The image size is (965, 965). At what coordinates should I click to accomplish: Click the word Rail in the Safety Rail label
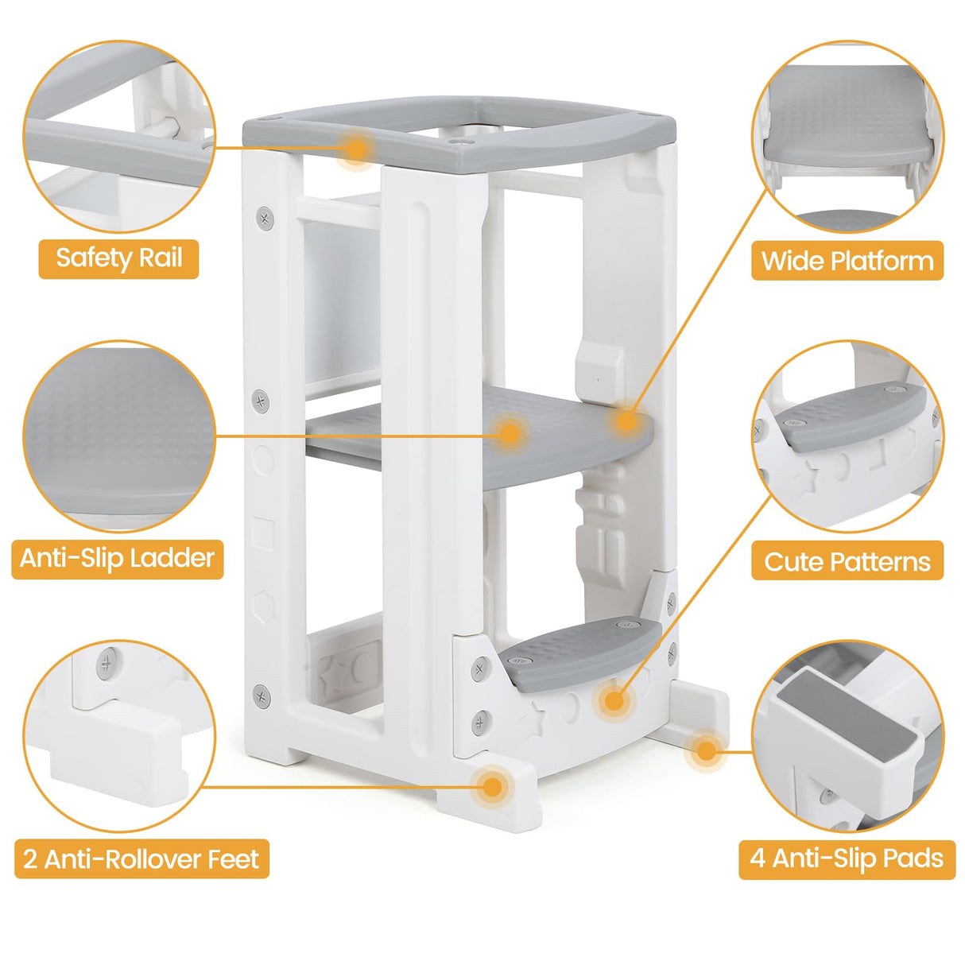161,258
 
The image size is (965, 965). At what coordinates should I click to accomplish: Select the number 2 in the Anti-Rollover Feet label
30,859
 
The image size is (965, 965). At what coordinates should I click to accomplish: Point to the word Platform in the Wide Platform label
882,261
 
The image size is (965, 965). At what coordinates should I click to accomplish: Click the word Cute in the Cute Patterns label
793,562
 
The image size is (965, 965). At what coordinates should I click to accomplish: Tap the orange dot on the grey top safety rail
357,148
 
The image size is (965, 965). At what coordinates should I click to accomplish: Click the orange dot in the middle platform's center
510,434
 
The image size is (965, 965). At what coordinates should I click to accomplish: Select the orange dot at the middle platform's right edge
626,420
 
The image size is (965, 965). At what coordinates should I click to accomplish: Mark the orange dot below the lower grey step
613,701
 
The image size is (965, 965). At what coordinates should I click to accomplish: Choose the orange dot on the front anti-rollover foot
493,787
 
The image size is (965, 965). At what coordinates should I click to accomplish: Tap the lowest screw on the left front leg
262,697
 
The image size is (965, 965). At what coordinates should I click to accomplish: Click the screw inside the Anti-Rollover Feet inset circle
107,663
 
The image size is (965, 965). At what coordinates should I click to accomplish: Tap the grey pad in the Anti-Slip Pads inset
827,715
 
